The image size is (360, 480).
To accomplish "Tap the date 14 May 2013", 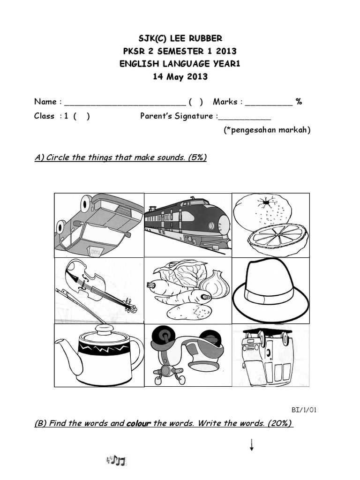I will coord(180,76).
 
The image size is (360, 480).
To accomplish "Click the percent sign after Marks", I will coord(299,102).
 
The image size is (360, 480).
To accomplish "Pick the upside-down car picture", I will coord(98,225).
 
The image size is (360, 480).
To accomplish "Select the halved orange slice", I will coord(277,240).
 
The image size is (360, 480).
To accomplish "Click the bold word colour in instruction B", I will coord(139,423).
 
